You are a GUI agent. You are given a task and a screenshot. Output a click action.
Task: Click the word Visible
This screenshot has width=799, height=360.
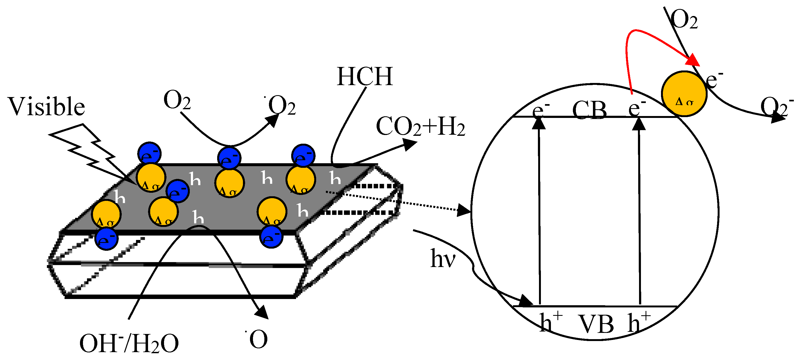47,106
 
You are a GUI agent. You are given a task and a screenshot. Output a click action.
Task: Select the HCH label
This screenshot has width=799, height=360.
365,77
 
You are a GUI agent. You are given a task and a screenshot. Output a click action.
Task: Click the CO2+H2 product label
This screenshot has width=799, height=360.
420,127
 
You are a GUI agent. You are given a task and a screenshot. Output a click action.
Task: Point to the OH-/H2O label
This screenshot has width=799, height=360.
129,343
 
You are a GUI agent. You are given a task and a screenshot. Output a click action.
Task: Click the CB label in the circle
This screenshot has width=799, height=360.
589,110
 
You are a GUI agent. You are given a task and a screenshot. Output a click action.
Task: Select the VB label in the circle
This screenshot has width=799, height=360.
596,324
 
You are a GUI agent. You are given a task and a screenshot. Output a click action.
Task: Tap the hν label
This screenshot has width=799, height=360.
443,259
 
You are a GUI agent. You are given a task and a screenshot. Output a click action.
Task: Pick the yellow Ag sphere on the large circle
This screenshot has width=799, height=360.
684,94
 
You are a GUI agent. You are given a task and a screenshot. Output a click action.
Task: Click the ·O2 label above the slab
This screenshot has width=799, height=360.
280,105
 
